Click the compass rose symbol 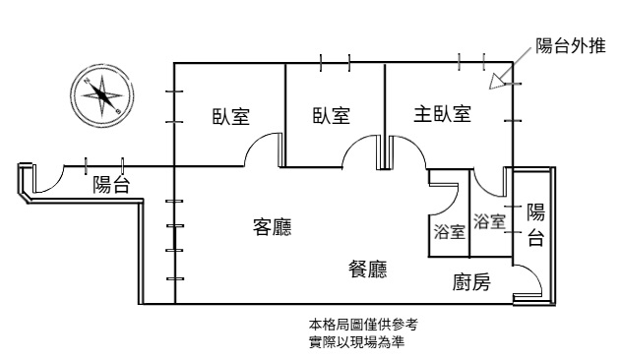coord(102,96)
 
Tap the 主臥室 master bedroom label coord(442,113)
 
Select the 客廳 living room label coord(272,227)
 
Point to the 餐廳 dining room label coord(368,270)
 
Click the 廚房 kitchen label coord(471,282)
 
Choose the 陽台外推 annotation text coord(571,46)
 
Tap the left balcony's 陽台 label coord(111,185)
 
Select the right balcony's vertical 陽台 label coord(535,225)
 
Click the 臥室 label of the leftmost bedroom coord(231,117)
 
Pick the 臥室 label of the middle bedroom coord(332,115)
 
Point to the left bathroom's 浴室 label coord(449,231)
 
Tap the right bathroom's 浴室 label coord(489,221)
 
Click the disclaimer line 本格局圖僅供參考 coord(363,325)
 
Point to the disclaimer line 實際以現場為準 coord(356,342)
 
